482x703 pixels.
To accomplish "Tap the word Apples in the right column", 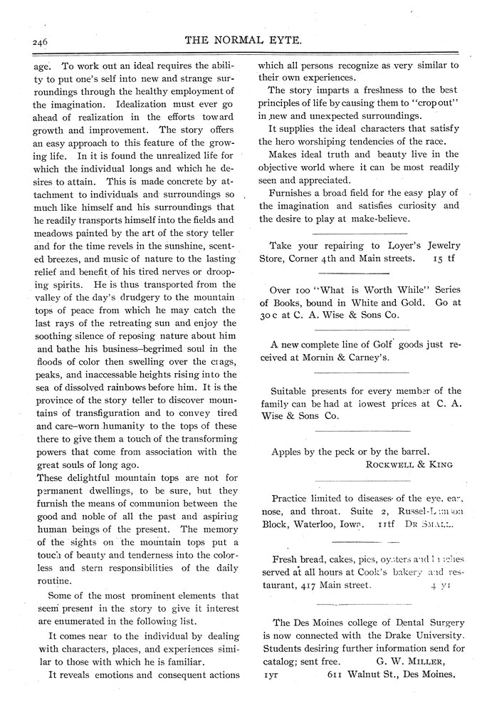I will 290,451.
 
